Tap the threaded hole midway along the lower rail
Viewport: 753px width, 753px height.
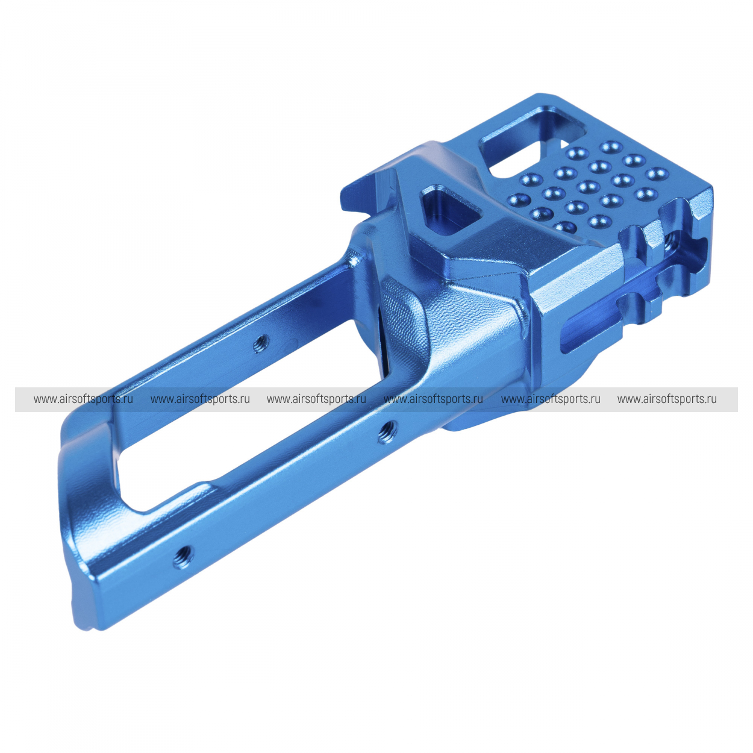click(x=387, y=433)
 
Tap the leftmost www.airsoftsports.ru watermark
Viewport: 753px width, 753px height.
click(x=83, y=399)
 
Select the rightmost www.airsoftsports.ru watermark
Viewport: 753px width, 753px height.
click(x=667, y=399)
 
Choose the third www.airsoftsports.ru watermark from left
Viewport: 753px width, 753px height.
click(x=316, y=399)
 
